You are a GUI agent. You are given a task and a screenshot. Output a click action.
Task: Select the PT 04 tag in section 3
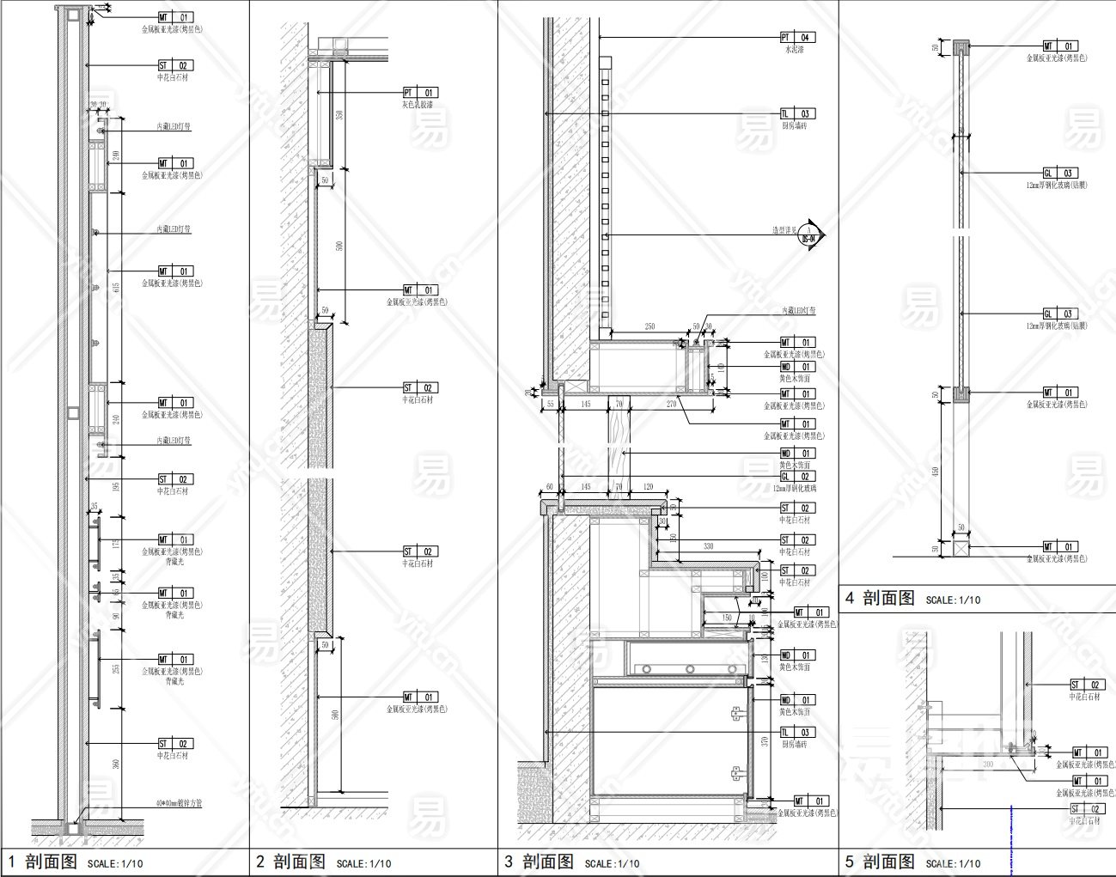796,38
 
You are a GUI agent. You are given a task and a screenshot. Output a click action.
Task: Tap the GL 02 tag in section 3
796,477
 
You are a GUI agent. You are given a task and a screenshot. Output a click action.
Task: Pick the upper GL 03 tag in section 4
1060,174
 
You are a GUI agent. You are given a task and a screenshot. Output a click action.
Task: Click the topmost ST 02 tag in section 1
175,65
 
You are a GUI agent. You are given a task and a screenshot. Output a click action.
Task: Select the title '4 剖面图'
881,599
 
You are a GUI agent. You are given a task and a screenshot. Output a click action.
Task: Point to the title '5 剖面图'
881,862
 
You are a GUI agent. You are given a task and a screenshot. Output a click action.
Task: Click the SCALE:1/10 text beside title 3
613,864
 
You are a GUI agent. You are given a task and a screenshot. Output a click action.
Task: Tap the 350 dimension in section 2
339,115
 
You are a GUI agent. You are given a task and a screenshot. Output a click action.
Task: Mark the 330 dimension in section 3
709,546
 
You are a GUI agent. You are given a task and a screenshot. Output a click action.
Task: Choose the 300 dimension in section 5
988,763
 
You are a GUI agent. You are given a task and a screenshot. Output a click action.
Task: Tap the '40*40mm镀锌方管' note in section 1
180,804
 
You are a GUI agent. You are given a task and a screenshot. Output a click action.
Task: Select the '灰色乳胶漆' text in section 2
418,105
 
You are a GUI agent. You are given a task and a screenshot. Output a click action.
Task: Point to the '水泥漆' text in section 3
794,50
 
